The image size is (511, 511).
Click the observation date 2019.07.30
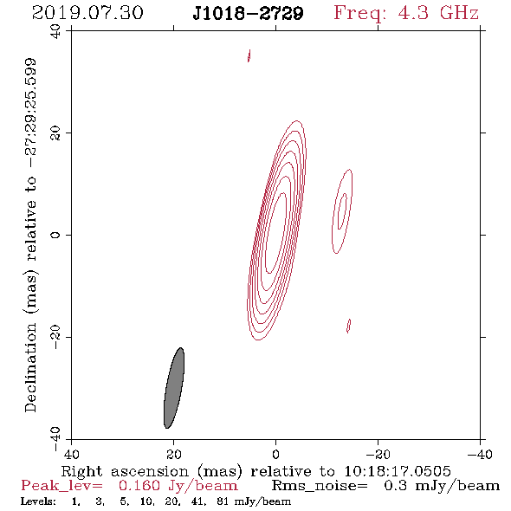coord(87,13)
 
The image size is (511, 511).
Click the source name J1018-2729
coord(248,13)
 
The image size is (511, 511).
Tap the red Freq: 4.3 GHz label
coord(406,14)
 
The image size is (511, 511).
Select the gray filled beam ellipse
coord(174,388)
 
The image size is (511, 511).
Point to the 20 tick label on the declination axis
coord(55,133)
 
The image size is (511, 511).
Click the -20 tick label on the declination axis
coord(55,337)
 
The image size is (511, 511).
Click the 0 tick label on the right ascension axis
coord(275,454)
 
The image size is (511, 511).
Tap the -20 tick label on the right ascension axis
coord(378,454)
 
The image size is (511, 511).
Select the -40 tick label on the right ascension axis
coord(480,454)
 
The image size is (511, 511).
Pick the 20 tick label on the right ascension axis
coord(173,454)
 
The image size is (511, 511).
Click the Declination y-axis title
coord(30,235)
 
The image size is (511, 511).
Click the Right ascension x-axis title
coord(255,471)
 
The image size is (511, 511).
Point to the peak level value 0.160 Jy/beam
coord(178,486)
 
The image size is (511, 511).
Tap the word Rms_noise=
coord(320,486)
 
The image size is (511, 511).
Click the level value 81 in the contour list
coord(223,501)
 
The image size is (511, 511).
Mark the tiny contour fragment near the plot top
coord(249,55)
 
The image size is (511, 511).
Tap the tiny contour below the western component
coord(348,326)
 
